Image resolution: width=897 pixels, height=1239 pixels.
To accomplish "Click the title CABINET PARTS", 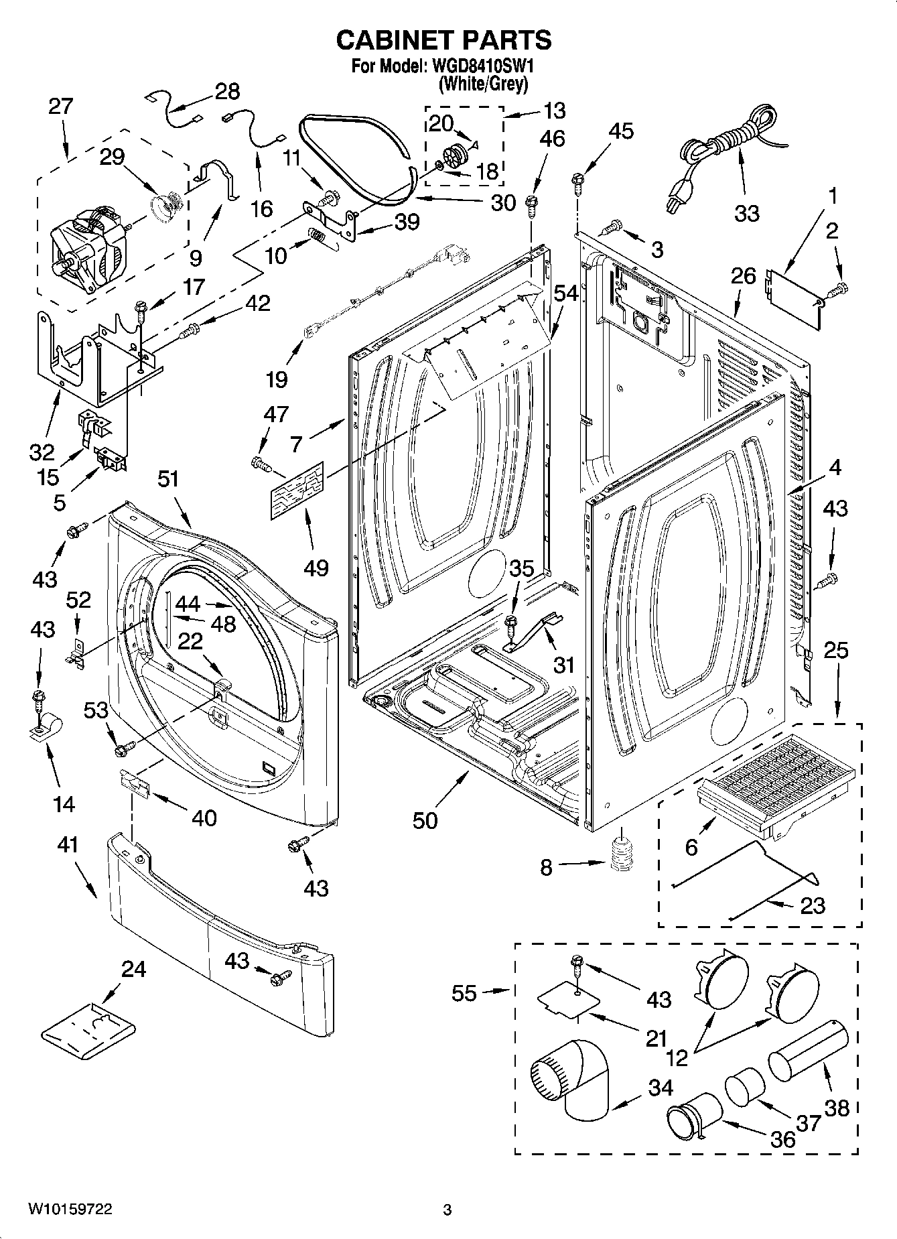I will [443, 40].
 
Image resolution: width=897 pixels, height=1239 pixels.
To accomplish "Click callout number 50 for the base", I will [425, 820].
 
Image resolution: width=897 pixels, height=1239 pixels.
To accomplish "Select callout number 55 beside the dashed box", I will [464, 993].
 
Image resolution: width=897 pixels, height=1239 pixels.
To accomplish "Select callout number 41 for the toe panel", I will [68, 845].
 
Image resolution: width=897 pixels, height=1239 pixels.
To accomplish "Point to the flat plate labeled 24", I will [88, 1027].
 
